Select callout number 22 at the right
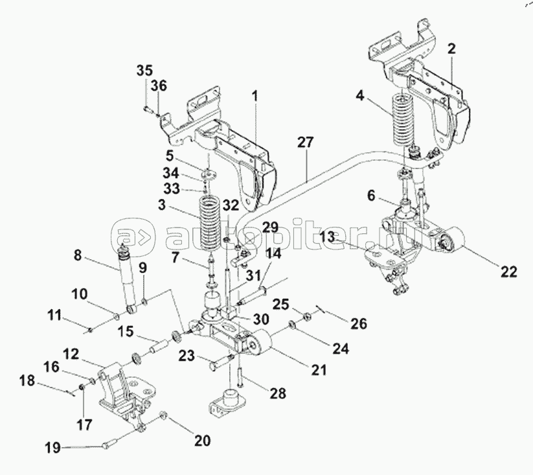click(509, 272)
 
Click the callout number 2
click(452, 49)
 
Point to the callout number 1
click(255, 96)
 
